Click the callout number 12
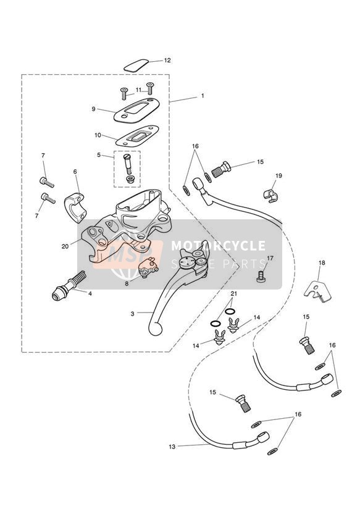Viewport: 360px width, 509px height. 167,61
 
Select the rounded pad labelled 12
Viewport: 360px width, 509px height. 136,65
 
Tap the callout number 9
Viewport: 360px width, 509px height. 93,109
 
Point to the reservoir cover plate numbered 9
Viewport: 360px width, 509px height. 136,111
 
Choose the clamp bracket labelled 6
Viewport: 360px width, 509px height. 77,208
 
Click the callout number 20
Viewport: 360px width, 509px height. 65,246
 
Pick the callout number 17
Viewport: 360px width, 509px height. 270,258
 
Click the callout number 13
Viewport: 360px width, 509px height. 172,447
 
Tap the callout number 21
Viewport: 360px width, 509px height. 234,294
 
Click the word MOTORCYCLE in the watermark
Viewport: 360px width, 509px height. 218,245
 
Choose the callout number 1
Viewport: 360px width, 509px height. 203,96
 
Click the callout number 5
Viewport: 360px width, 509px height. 99,155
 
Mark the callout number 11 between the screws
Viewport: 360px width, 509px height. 138,90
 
